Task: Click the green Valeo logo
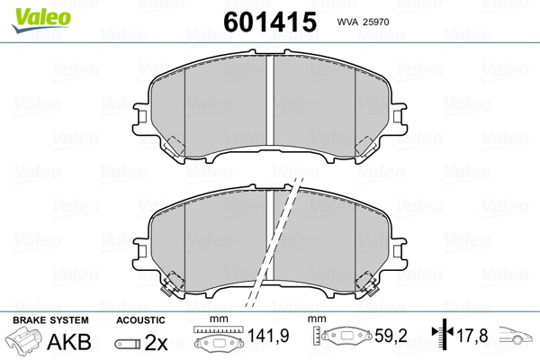click(x=41, y=19)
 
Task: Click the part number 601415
click(x=270, y=22)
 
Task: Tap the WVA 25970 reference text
click(x=363, y=22)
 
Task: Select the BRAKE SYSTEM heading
click(x=50, y=320)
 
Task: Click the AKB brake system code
click(x=69, y=342)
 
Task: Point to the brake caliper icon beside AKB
click(x=23, y=339)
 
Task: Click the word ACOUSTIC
click(x=140, y=320)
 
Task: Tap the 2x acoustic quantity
click(x=156, y=342)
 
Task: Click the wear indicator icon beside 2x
click(x=128, y=344)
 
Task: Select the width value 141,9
click(x=268, y=336)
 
